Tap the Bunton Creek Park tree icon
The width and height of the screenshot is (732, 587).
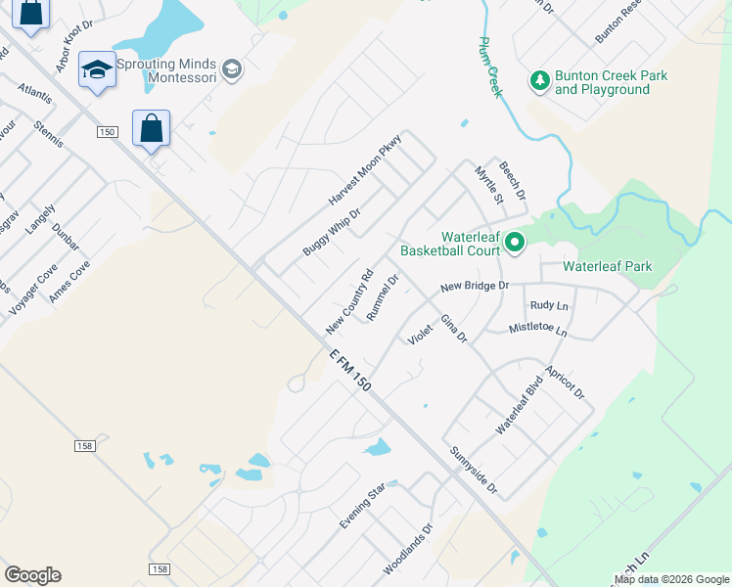538,81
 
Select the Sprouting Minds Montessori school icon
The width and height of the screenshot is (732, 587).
232,69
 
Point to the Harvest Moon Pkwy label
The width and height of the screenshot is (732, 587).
365,169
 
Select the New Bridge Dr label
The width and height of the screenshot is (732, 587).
475,286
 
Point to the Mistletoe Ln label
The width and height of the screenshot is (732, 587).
537,330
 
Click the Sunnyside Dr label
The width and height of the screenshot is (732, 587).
475,471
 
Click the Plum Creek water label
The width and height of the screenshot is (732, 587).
490,68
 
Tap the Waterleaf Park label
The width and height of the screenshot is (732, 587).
608,266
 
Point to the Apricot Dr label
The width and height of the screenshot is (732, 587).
566,381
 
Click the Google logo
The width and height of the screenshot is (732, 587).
32,575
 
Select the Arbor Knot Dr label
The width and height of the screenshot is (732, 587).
74,46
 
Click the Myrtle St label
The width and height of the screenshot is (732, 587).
488,186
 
